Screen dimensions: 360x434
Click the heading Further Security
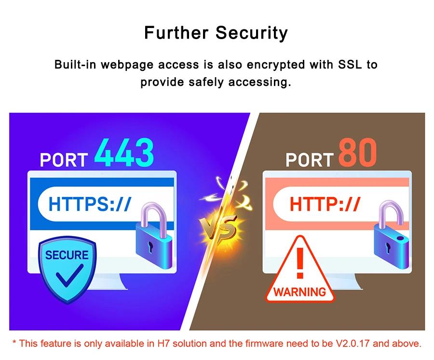coord(216,33)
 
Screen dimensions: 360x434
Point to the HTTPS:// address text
coord(90,204)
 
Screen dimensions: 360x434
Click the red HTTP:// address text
coord(325,204)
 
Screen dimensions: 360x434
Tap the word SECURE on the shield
coord(67,255)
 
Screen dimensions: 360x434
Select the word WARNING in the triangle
coord(299,291)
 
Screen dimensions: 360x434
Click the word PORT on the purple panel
coord(64,160)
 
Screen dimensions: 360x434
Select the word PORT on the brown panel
coord(309,160)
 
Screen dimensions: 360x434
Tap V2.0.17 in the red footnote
coord(353,344)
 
